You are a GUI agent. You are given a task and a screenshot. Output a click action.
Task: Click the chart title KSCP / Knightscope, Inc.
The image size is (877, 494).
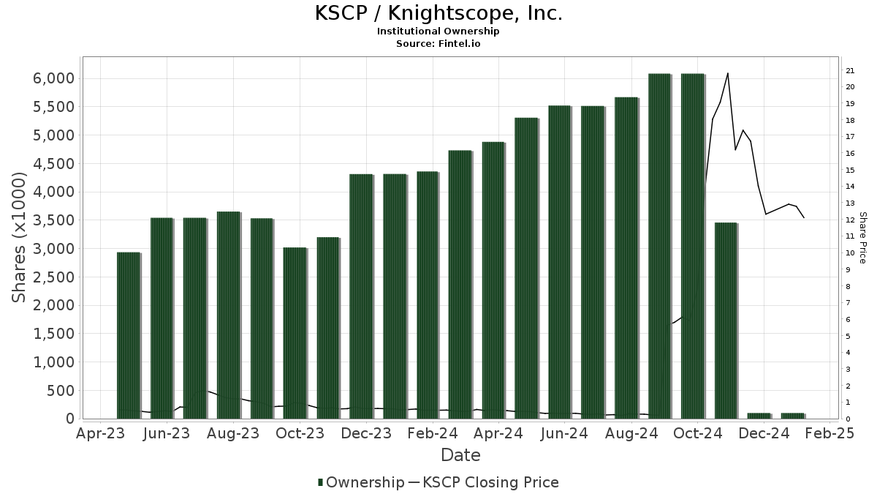438,13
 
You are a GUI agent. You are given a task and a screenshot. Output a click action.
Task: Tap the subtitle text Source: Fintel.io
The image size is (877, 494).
438,44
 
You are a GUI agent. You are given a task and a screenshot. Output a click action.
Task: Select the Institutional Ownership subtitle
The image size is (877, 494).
438,31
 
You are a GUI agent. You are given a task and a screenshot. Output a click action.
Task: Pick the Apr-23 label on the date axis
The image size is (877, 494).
100,433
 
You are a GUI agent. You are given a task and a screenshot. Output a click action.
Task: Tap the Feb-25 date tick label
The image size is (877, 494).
829,433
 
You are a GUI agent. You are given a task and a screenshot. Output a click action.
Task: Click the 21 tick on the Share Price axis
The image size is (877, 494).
850,70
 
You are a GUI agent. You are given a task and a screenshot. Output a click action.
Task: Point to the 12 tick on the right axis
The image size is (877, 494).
850,220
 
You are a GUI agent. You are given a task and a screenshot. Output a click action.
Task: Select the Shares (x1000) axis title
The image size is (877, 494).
20,237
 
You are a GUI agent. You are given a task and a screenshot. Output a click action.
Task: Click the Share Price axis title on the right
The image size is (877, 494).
862,237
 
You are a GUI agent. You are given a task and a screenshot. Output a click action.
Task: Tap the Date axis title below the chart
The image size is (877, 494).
460,455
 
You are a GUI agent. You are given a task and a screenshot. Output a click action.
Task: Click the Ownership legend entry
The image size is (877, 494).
361,482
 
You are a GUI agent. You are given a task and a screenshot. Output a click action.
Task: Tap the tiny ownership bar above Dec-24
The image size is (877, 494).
759,416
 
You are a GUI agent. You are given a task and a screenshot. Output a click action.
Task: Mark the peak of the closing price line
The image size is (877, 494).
727,73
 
